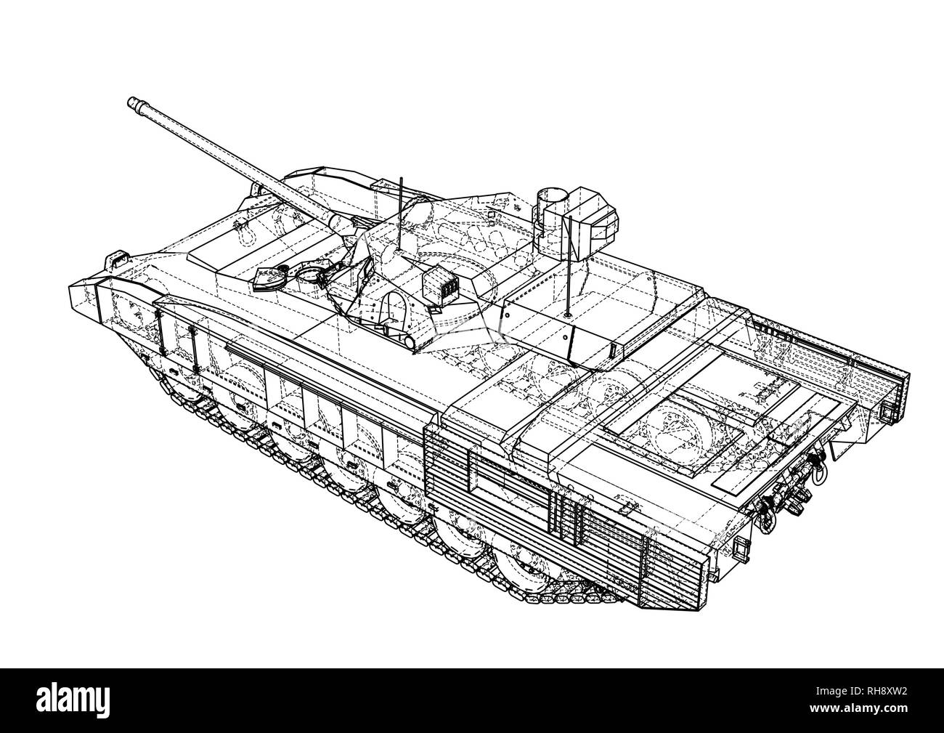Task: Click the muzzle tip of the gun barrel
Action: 133,103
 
